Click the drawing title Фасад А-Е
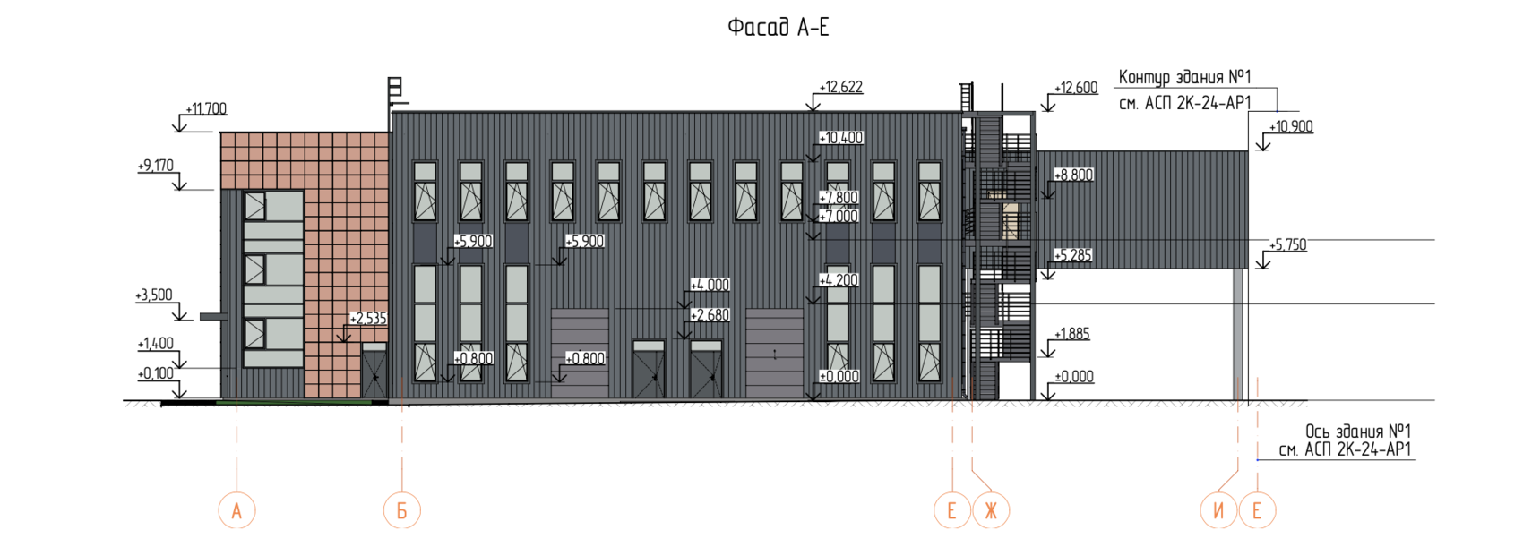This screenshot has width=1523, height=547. (778, 28)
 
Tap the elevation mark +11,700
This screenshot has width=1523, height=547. (206, 109)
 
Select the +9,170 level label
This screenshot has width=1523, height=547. (156, 166)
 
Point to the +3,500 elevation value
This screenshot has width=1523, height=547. (154, 295)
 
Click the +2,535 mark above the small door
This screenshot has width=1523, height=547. (368, 319)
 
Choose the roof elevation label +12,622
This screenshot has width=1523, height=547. (841, 88)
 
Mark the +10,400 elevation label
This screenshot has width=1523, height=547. (841, 138)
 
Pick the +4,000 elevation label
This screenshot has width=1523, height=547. (710, 286)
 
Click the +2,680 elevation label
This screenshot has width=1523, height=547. (710, 315)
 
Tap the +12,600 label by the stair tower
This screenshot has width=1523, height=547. (1076, 88)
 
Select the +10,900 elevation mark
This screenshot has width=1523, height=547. (1291, 127)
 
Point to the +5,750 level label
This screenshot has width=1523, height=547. (1287, 245)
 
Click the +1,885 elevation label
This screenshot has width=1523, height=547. (1071, 334)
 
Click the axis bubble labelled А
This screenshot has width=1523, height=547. (237, 510)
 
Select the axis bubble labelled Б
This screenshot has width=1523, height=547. (402, 510)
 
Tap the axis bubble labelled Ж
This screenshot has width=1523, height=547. (991, 510)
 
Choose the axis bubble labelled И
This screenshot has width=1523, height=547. (1218, 510)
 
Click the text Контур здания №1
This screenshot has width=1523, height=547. (1184, 78)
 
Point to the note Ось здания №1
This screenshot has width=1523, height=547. (1357, 432)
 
